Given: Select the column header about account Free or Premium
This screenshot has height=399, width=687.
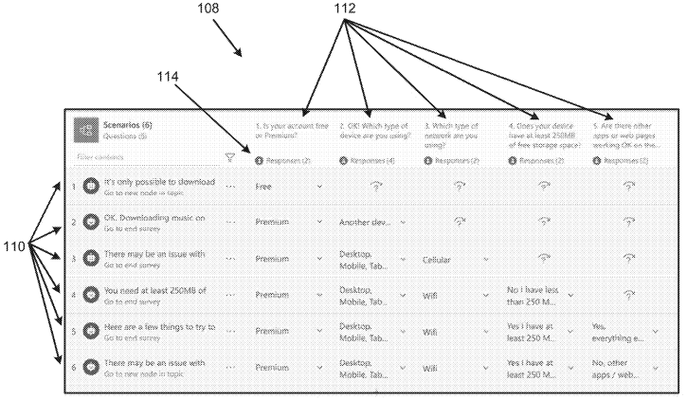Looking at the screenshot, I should pyautogui.click(x=287, y=130).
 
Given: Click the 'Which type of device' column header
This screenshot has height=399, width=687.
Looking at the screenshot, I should pyautogui.click(x=372, y=130).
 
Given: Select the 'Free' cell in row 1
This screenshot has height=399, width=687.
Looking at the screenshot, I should pyautogui.click(x=264, y=187).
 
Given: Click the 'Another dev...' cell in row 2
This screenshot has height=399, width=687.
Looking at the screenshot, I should pyautogui.click(x=365, y=223).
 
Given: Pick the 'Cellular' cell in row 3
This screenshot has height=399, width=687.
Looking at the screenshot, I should pyautogui.click(x=441, y=259).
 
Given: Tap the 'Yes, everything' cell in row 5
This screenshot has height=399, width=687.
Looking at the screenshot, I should pyautogui.click(x=617, y=332).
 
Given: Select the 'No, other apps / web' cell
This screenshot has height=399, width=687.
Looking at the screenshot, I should pyautogui.click(x=619, y=368).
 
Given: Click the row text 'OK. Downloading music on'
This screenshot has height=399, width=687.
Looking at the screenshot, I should pyautogui.click(x=154, y=217).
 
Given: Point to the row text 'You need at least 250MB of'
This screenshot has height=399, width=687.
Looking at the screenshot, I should pyautogui.click(x=155, y=290).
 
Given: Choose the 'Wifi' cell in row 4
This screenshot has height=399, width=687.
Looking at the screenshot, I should pyautogui.click(x=430, y=295).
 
